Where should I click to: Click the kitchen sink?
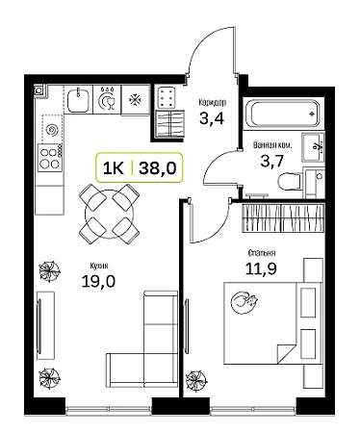click(78, 100)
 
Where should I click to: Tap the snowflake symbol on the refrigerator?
click(135, 100)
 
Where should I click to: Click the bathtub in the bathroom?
click(282, 114)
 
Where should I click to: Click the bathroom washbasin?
click(313, 147)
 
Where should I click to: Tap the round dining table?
click(109, 214)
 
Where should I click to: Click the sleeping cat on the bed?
click(244, 302)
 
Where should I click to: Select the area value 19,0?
click(98, 282)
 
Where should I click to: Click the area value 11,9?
click(261, 268)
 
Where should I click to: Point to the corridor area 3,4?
click(212, 118)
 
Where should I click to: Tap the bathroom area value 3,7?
click(272, 161)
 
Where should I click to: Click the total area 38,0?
click(158, 167)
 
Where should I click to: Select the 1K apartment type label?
click(113, 167)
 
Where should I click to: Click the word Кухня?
click(99, 266)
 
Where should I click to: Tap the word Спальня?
click(262, 253)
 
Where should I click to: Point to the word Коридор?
click(212, 102)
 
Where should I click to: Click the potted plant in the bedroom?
click(195, 380)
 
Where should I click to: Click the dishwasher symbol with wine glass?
click(107, 99)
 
